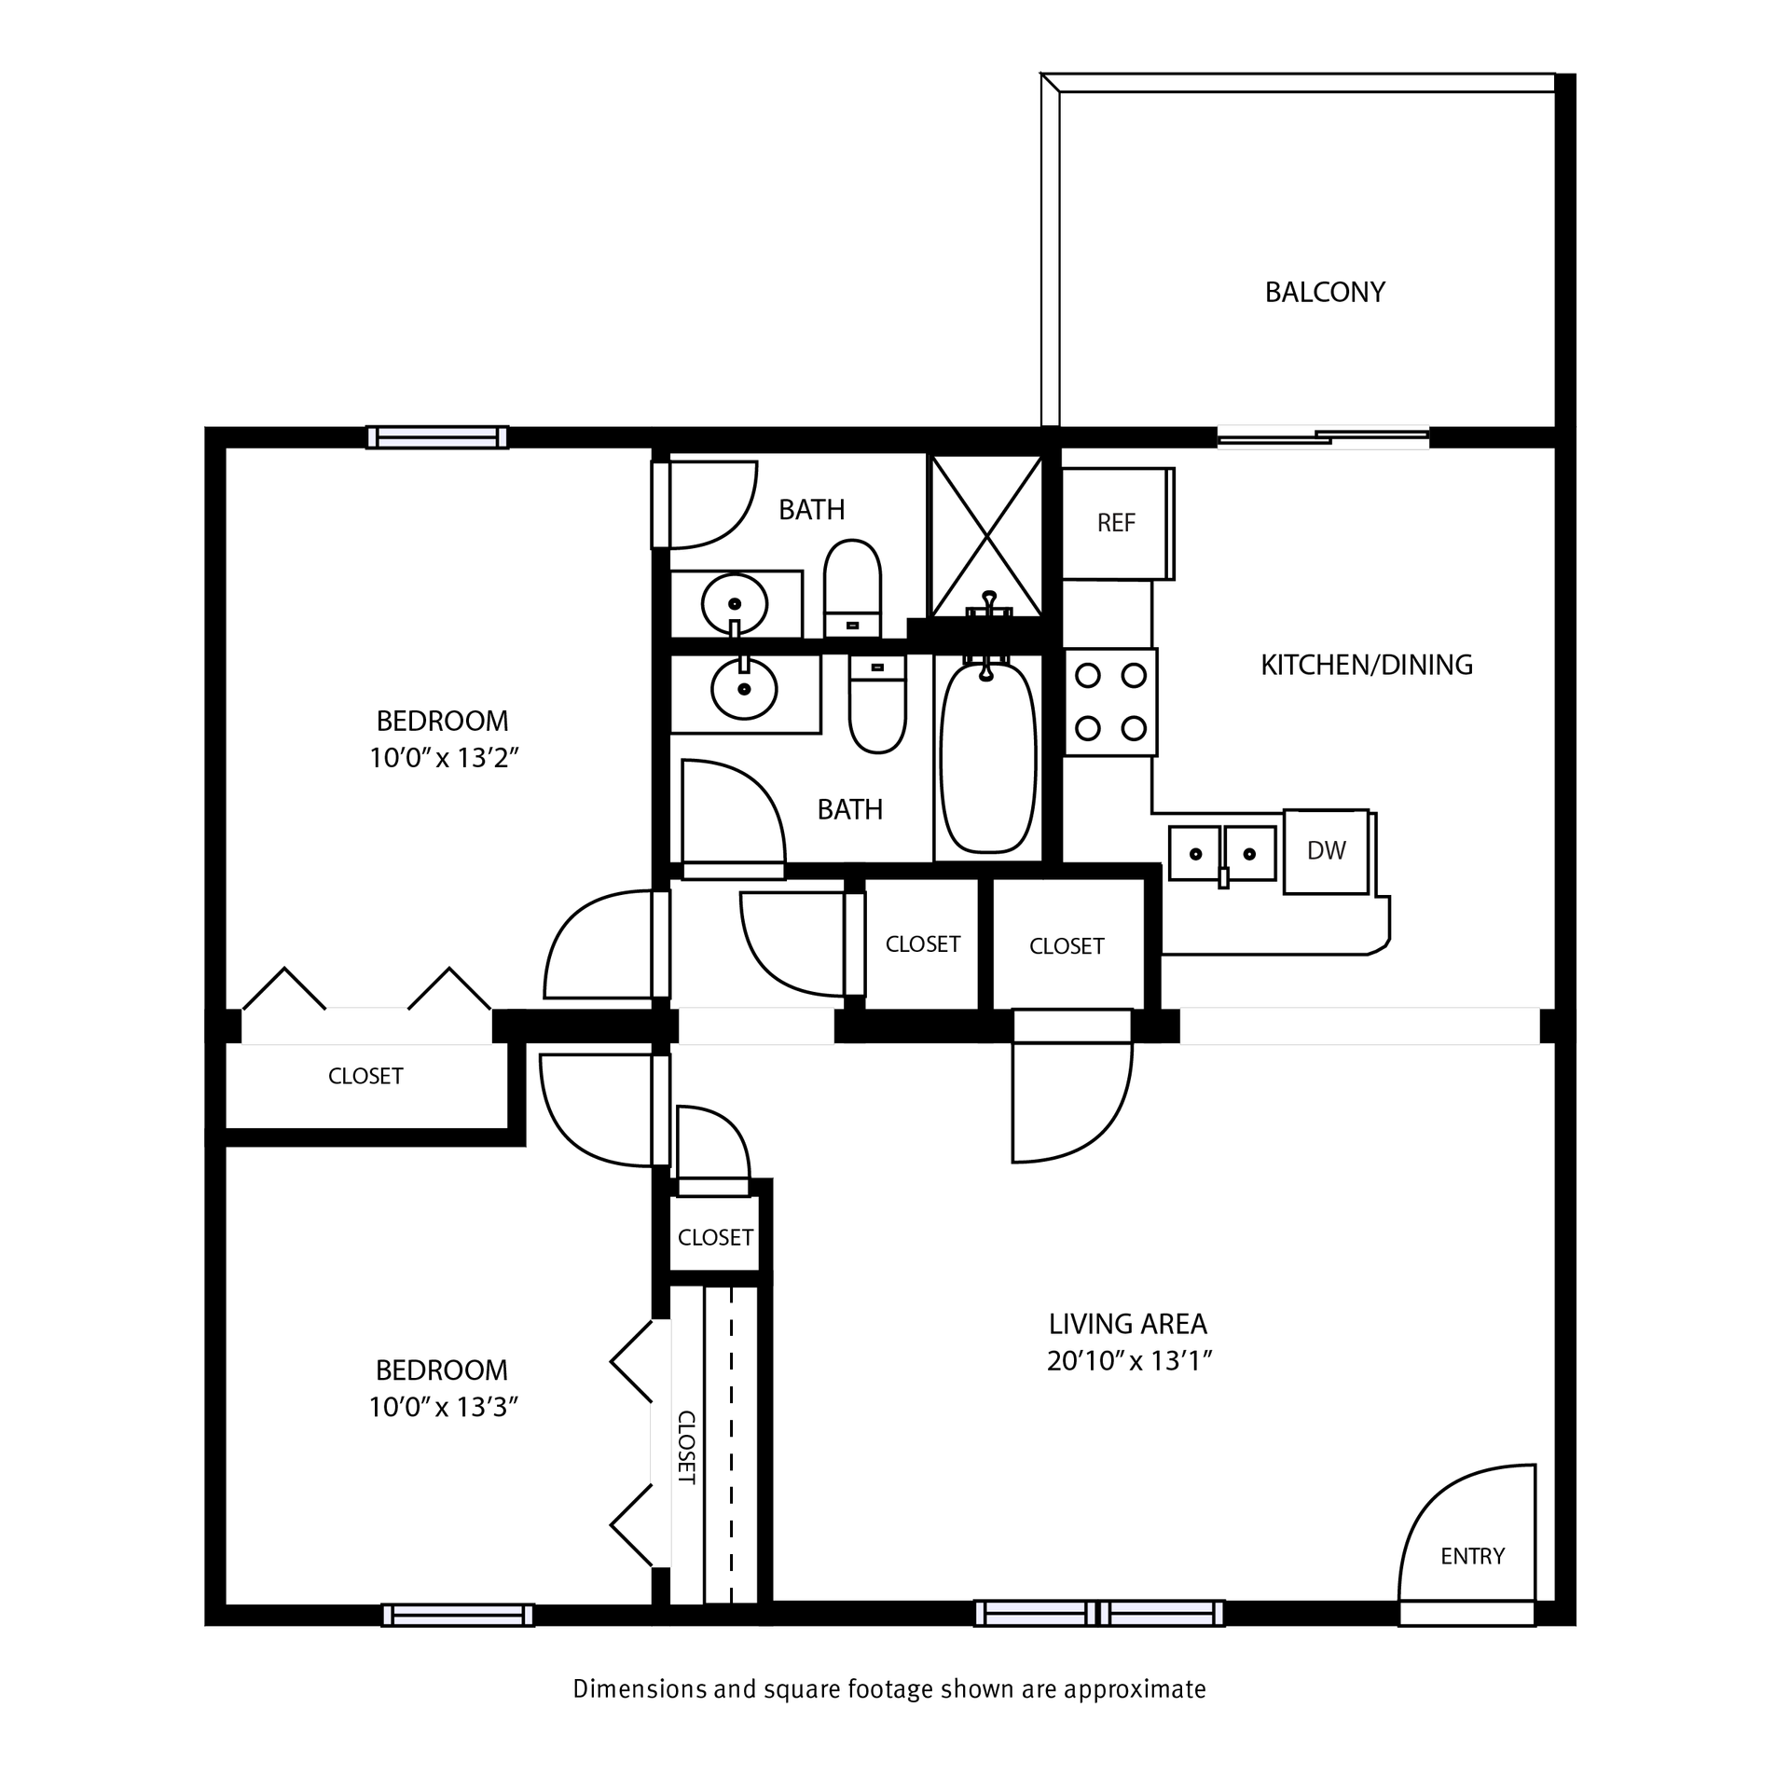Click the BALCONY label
pyautogui.click(x=1324, y=292)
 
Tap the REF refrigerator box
pyautogui.click(x=1116, y=523)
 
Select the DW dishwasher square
pyautogui.click(x=1326, y=850)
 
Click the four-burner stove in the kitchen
pyautogui.click(x=1110, y=702)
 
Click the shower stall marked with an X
pyautogui.click(x=986, y=535)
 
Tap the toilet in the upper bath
pyautogui.click(x=852, y=587)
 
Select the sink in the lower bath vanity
pyautogui.click(x=743, y=690)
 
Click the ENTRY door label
pyautogui.click(x=1472, y=1556)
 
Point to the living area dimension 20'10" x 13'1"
pyautogui.click(x=1128, y=1362)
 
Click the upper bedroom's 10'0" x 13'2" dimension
pyautogui.click(x=443, y=758)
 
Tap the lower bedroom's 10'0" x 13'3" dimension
pyautogui.click(x=443, y=1407)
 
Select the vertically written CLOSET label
pyautogui.click(x=685, y=1447)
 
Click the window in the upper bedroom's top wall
pyautogui.click(x=436, y=437)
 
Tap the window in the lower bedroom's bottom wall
pyautogui.click(x=458, y=1615)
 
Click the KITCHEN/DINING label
pyautogui.click(x=1366, y=665)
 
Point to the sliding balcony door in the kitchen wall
pyautogui.click(x=1322, y=437)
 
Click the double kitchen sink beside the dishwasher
pyautogui.click(x=1222, y=853)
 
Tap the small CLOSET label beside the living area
pyautogui.click(x=715, y=1237)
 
